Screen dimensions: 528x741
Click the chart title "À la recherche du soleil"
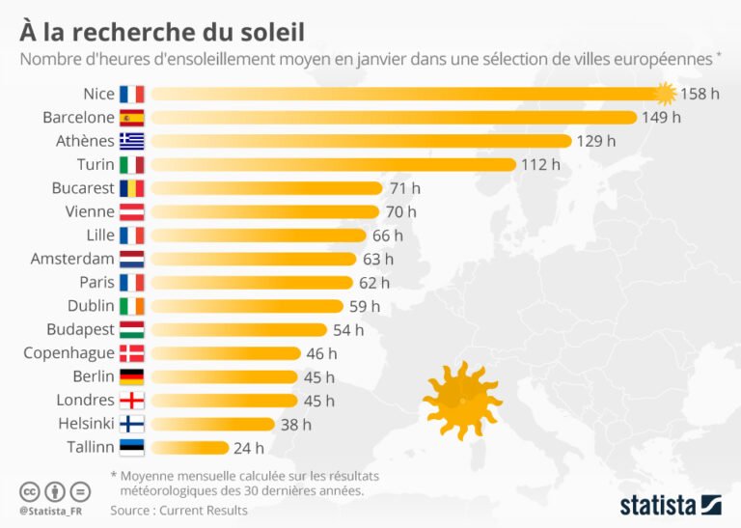click(x=162, y=31)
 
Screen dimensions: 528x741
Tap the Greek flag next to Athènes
click(x=131, y=141)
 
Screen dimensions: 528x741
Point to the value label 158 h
click(x=700, y=95)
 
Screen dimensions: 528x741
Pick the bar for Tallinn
click(x=189, y=447)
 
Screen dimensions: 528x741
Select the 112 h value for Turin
click(x=540, y=164)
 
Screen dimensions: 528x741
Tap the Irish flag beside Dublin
click(x=131, y=306)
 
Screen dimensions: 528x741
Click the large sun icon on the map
click(x=462, y=398)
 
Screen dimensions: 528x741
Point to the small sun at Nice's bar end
click(x=665, y=94)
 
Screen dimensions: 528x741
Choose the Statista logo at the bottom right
click(x=670, y=504)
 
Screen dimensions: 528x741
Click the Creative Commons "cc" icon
click(x=29, y=489)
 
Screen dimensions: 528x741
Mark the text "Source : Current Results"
click(x=178, y=510)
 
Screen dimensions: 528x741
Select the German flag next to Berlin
click(x=131, y=376)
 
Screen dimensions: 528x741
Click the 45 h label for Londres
click(x=317, y=401)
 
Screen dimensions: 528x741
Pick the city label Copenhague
click(x=69, y=353)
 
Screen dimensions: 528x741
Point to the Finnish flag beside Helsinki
click(x=131, y=424)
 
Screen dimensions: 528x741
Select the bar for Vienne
click(x=264, y=211)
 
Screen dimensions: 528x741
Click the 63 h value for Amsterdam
click(x=376, y=259)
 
